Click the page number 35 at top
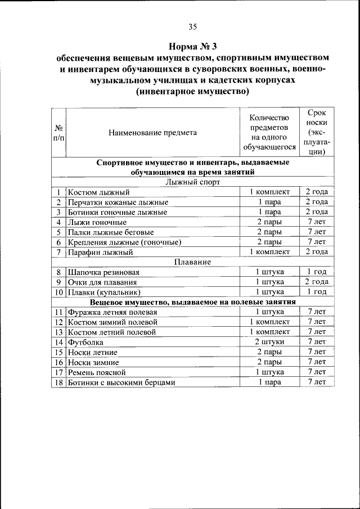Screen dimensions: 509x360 192,26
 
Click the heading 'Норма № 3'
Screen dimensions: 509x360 192,46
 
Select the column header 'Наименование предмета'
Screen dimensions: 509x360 153,133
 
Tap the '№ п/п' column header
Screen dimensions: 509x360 58,133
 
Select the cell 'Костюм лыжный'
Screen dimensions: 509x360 98,192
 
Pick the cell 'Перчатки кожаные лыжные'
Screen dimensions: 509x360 118,202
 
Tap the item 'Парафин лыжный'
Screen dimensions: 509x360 100,252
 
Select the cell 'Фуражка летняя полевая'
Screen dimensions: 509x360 112,312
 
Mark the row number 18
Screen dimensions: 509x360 58,382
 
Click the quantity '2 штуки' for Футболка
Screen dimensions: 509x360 269,342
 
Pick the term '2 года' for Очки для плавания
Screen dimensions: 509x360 317,282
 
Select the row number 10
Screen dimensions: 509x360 58,292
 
